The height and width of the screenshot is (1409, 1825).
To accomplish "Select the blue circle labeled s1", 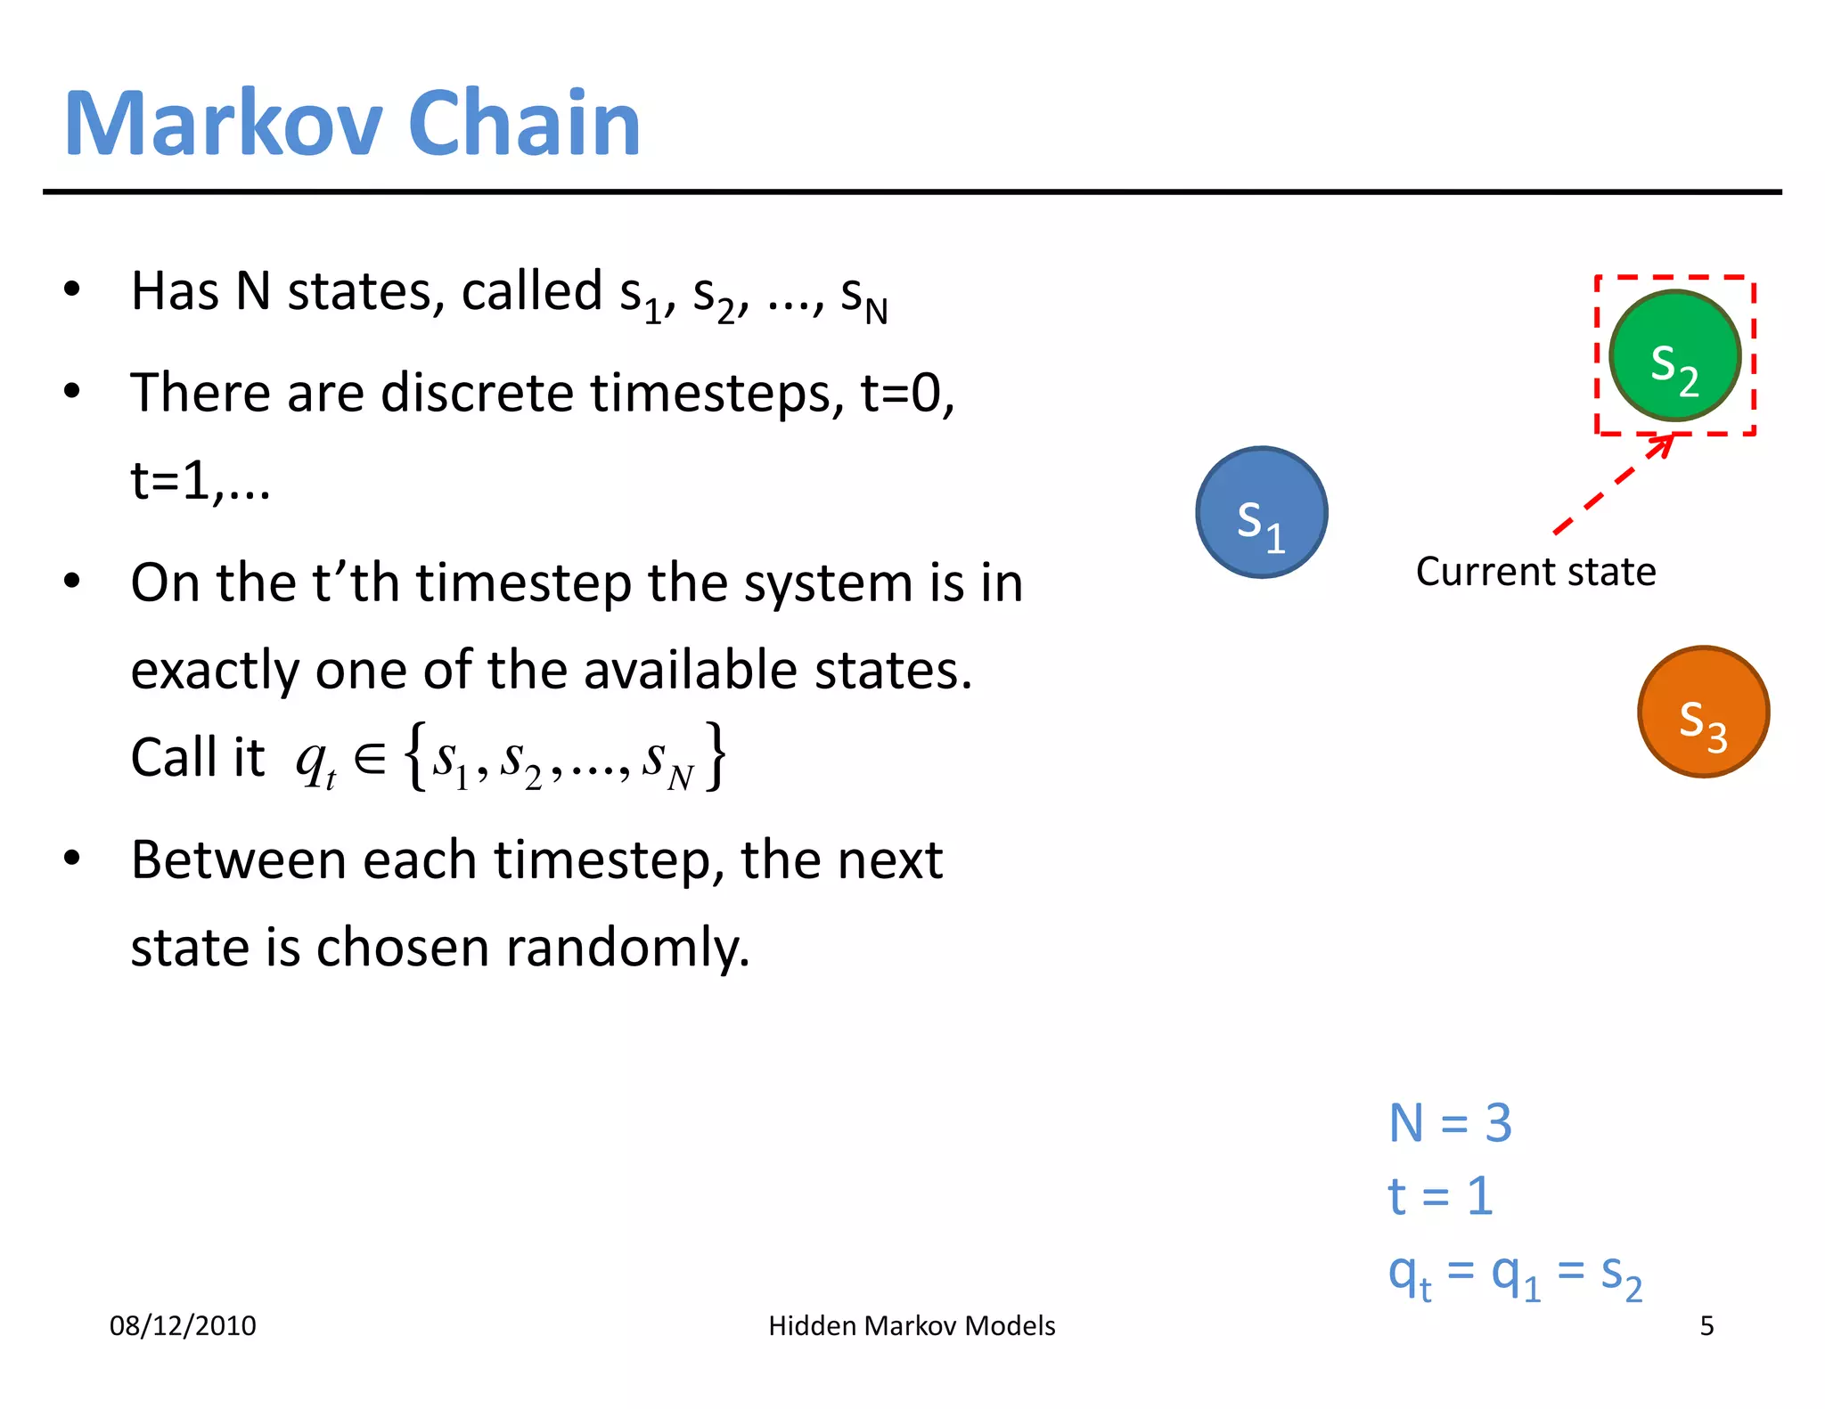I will click(1261, 513).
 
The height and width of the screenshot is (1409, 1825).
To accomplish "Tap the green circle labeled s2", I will click(1674, 356).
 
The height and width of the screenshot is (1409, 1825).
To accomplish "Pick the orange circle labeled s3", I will click(1703, 712).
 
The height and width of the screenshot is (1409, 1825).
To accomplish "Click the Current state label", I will click(1535, 572).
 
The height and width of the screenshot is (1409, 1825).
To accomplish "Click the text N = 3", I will click(1450, 1122).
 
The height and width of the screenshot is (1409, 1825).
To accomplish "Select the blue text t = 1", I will click(1439, 1195).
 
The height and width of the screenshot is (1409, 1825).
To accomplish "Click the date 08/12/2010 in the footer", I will click(183, 1325).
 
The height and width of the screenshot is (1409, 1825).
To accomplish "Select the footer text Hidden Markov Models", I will click(912, 1325).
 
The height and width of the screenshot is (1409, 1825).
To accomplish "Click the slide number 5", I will click(1706, 1325).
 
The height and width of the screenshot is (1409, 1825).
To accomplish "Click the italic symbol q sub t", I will click(315, 762).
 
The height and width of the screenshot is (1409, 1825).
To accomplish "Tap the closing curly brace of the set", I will click(716, 757).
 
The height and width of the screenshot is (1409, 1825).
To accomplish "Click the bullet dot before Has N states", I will click(72, 289).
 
